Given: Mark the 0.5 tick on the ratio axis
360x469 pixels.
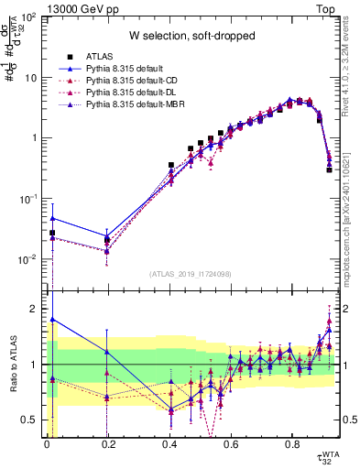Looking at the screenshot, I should click(35, 420).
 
